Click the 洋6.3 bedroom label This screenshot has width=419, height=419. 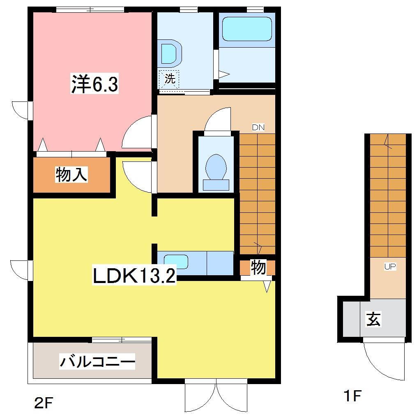click(x=95, y=85)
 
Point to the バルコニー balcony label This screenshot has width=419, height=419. click(x=97, y=362)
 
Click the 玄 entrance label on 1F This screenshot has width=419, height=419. click(x=373, y=319)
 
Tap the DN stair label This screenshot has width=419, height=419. click(x=258, y=127)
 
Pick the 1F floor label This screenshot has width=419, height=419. click(x=352, y=396)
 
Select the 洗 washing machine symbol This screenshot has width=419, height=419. click(x=170, y=79)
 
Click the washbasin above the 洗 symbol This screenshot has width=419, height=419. click(x=170, y=53)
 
